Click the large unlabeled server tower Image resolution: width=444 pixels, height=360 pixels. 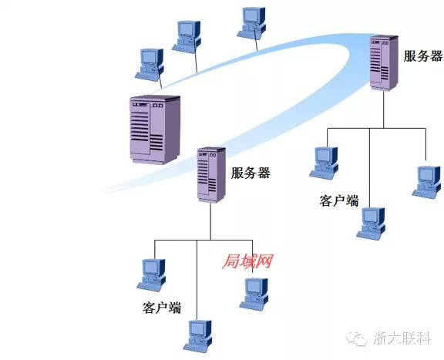click(155, 130)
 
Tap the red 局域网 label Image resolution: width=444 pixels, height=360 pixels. click(247, 261)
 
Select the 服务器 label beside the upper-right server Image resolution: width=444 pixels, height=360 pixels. click(422, 56)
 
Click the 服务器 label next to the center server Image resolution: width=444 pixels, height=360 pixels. click(251, 173)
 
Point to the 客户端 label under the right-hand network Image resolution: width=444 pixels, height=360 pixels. click(339, 200)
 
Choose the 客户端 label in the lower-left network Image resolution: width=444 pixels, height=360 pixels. click(162, 308)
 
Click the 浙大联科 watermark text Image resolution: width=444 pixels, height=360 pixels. click(402, 338)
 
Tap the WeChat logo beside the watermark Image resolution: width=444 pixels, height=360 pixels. click(357, 338)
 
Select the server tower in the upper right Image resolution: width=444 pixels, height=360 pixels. click(384, 63)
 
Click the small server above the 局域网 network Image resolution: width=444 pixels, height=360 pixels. click(211, 175)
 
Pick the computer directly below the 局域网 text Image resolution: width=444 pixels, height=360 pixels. click(254, 294)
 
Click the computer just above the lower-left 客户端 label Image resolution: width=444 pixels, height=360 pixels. click(151, 274)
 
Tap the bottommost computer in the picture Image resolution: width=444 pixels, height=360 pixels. click(197, 336)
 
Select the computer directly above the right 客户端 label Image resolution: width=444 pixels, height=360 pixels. click(324, 163)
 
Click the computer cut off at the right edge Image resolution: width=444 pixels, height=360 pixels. click(428, 182)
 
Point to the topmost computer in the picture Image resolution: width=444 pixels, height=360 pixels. click(251, 23)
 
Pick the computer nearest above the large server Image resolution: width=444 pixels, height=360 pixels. click(150, 66)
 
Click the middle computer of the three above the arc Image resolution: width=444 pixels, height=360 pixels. click(187, 37)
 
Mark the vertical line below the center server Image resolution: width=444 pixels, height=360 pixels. click(210, 221)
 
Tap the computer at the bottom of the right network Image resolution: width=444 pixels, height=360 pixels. click(371, 223)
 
